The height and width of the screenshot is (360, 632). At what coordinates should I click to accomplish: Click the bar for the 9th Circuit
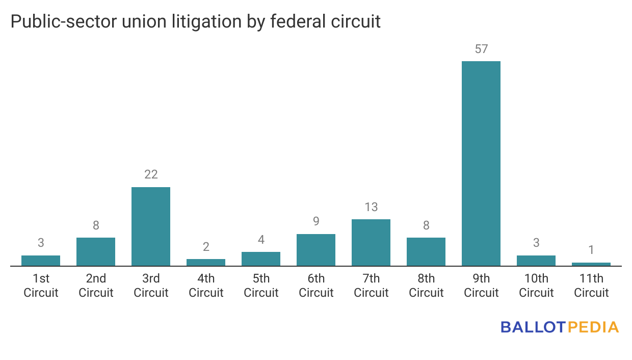(481, 163)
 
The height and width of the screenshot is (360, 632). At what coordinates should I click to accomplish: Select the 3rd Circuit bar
(151, 226)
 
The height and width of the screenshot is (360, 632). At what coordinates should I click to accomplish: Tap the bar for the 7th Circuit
(371, 242)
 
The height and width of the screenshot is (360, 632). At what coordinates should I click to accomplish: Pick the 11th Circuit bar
(591, 264)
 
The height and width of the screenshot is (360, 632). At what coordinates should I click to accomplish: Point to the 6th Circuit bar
(316, 250)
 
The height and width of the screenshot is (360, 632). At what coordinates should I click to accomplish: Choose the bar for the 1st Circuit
(41, 261)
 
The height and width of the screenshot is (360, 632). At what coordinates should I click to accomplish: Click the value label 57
(481, 49)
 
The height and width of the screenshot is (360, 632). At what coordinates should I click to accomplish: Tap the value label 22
(151, 174)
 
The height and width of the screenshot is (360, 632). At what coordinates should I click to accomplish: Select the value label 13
(371, 207)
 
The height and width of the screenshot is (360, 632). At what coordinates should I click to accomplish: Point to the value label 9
(316, 221)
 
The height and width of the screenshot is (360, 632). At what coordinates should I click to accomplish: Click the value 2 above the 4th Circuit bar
(206, 247)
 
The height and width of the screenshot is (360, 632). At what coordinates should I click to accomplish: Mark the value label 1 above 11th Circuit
(591, 250)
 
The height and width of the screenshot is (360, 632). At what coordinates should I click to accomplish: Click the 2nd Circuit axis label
(96, 286)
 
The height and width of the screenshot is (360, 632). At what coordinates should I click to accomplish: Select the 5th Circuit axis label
(261, 286)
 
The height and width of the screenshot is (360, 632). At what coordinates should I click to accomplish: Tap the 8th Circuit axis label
(426, 286)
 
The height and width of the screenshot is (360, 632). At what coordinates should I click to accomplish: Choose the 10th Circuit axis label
(536, 286)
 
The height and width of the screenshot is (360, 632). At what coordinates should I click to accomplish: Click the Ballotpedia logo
(560, 327)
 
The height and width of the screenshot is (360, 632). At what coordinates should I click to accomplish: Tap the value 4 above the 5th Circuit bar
(261, 240)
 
